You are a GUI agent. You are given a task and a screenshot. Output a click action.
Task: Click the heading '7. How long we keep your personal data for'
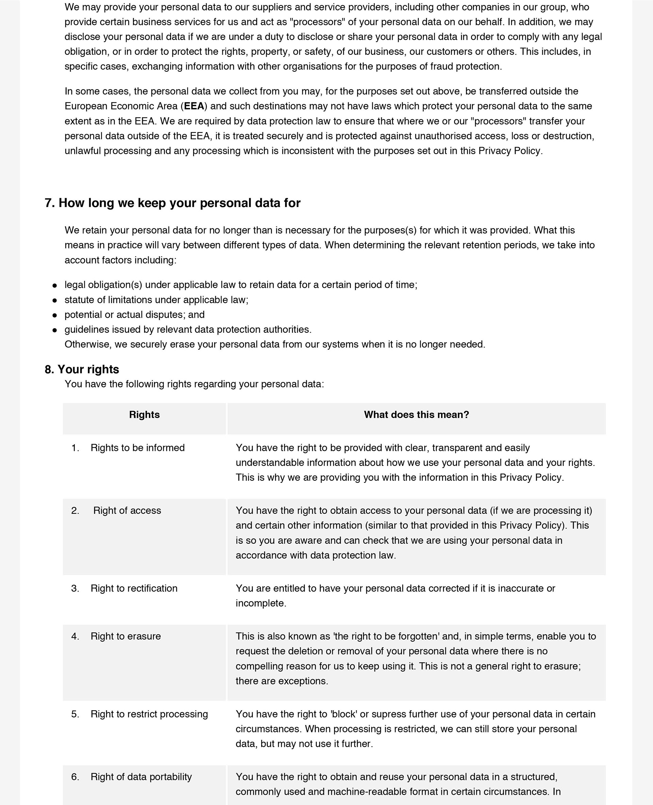172,203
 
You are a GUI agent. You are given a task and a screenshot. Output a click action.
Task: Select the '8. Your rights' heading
82,369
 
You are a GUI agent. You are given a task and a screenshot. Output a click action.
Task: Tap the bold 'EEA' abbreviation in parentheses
194,106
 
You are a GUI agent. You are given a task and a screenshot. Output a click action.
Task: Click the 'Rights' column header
145,415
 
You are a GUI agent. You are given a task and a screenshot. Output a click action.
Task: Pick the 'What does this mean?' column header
416,415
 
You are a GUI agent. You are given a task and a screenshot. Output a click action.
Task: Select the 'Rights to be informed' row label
138,448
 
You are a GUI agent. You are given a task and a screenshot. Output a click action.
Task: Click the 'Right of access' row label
127,510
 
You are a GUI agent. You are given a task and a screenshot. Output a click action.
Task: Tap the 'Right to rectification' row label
134,588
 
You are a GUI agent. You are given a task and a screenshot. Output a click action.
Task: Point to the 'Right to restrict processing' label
149,714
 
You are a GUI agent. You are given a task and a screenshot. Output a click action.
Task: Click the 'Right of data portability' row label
141,777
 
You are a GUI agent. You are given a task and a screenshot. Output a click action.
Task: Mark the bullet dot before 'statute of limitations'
55,300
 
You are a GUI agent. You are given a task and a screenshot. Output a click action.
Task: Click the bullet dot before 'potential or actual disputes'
55,315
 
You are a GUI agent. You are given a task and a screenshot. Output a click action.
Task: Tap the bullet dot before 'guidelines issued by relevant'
55,330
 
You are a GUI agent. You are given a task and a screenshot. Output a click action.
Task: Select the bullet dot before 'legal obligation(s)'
55,285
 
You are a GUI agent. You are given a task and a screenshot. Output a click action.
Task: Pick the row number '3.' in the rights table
75,588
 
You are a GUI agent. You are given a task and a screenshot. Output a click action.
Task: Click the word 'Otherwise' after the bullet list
87,344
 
